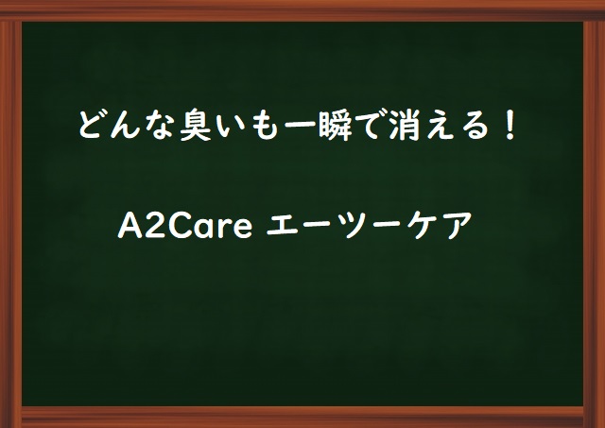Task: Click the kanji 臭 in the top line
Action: [196, 126]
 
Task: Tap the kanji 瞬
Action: [335, 126]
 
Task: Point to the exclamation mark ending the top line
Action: [510, 126]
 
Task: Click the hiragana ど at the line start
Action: [93, 126]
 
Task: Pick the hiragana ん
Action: [125, 126]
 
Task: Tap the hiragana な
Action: [160, 126]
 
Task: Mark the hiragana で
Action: [370, 126]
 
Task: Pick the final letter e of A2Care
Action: [242, 229]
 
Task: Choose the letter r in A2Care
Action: [223, 228]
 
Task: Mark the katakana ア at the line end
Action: [458, 226]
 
